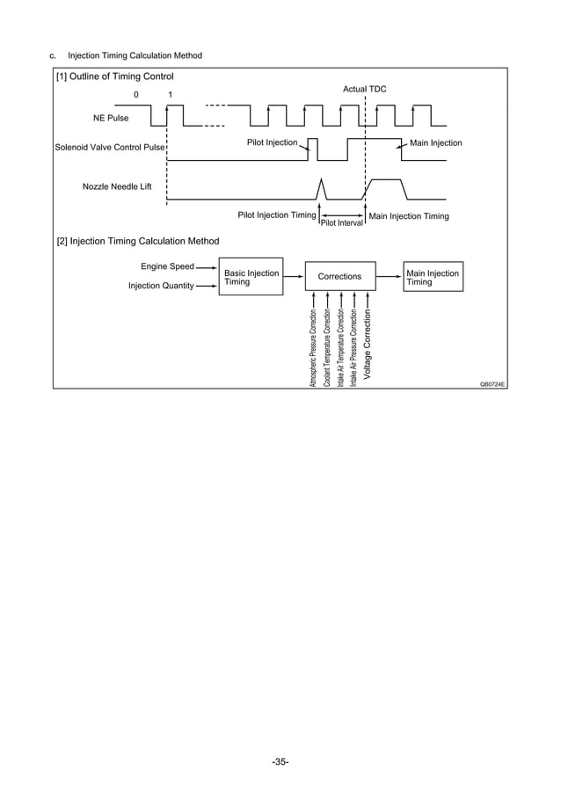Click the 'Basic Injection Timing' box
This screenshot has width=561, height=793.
(x=251, y=277)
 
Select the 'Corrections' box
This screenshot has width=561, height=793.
(x=339, y=277)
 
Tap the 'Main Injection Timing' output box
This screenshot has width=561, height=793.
(x=432, y=277)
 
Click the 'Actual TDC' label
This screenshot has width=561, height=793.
(x=364, y=90)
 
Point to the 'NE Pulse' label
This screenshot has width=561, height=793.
(x=111, y=117)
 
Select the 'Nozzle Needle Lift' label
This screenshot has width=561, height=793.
(x=117, y=187)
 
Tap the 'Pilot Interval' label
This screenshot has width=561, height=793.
(x=342, y=223)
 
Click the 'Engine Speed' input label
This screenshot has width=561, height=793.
(x=167, y=266)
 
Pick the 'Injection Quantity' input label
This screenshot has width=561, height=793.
(x=161, y=286)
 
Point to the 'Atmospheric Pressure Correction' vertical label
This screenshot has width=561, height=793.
(x=313, y=348)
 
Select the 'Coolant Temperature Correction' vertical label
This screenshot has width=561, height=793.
(x=327, y=348)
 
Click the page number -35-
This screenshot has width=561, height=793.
(x=280, y=761)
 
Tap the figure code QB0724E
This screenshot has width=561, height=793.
(x=492, y=384)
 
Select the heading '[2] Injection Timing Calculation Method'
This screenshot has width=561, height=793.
(x=138, y=241)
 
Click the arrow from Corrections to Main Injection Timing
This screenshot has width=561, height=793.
(x=389, y=277)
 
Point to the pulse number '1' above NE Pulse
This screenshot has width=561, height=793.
(x=170, y=94)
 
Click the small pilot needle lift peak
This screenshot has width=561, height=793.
(x=321, y=187)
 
